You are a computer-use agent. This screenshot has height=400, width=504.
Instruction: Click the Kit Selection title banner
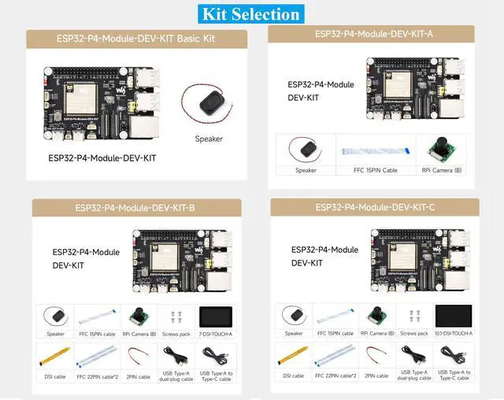click(x=251, y=14)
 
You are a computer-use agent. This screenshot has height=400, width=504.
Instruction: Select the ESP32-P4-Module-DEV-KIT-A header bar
click(x=371, y=34)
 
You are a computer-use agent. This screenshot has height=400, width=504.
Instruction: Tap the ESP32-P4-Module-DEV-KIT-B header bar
click(x=136, y=208)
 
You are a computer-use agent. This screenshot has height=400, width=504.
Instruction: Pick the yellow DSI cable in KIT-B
click(x=54, y=357)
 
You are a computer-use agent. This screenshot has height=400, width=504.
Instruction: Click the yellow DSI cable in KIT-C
click(x=292, y=357)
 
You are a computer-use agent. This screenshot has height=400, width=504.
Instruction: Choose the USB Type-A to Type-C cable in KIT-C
click(x=453, y=355)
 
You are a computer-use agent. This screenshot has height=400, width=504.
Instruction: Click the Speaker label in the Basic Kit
click(x=209, y=139)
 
